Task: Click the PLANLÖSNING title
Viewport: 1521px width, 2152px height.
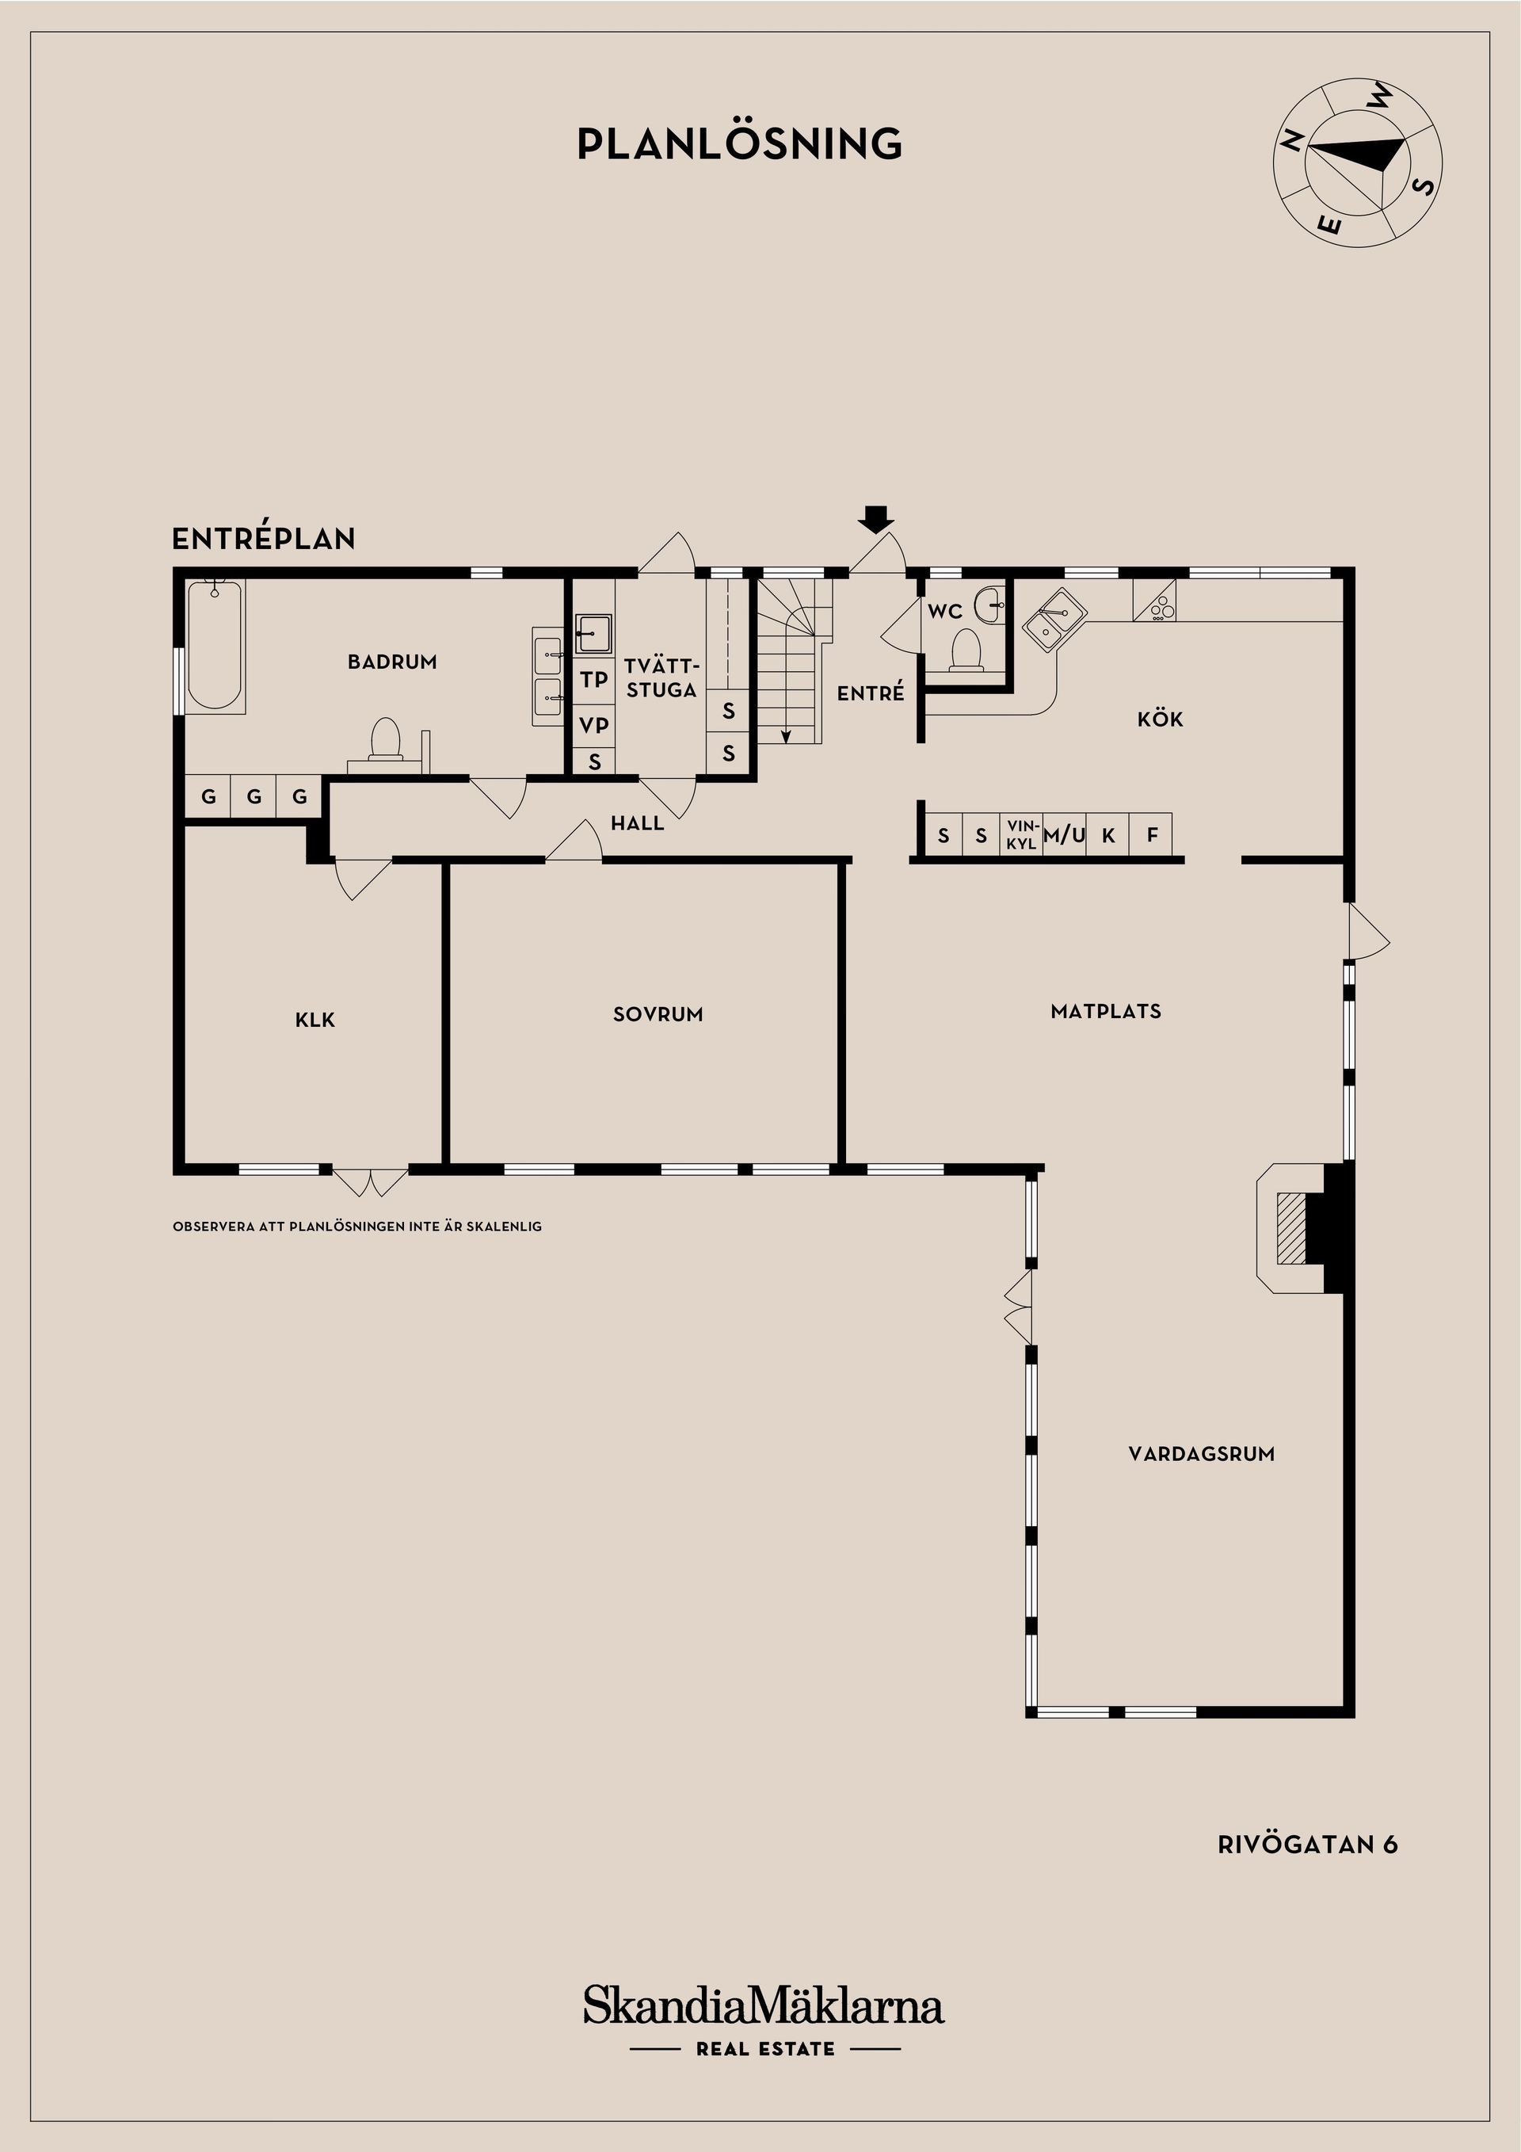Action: (x=739, y=143)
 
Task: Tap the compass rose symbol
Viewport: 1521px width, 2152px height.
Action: (x=1357, y=163)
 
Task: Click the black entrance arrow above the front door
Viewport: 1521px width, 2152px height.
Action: (x=876, y=518)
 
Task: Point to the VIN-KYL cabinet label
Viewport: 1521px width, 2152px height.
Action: (x=1021, y=834)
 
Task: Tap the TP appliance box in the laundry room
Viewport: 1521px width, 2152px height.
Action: (x=593, y=680)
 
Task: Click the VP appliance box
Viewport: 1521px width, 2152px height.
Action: (x=593, y=724)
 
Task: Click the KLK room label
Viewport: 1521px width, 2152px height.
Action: (x=314, y=1020)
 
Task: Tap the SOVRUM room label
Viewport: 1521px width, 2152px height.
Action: (x=658, y=1014)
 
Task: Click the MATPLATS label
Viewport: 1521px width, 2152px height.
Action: (x=1106, y=1011)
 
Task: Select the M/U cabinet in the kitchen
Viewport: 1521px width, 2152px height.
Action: (x=1065, y=834)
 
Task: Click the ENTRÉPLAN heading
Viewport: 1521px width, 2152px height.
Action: (x=263, y=539)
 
